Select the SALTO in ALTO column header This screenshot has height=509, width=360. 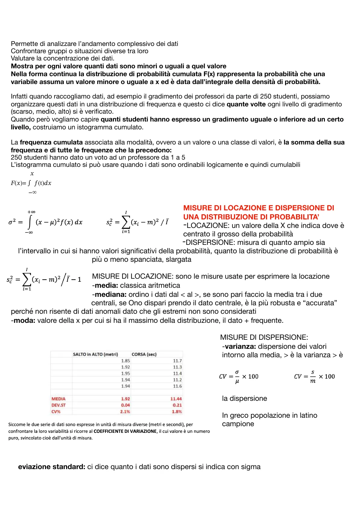click(x=95, y=354)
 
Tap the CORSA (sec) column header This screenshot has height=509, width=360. click(x=144, y=354)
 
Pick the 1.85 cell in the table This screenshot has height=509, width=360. click(x=125, y=361)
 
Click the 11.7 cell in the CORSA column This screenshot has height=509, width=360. click(x=177, y=361)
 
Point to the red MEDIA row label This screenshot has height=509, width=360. click(x=58, y=399)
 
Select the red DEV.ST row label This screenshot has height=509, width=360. click(x=58, y=405)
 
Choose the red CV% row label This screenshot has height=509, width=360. click(x=56, y=411)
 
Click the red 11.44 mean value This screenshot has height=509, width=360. click(x=176, y=399)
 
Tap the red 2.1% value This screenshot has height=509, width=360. click(x=125, y=411)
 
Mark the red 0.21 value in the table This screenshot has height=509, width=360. click(x=177, y=405)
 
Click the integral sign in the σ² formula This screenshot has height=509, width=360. click(x=30, y=222)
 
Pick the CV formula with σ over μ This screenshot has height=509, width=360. click(x=238, y=377)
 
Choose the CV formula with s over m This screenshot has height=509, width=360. click(x=314, y=377)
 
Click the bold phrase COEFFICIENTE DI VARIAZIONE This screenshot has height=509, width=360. click(x=125, y=431)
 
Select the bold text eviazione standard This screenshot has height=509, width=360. click(x=52, y=467)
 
